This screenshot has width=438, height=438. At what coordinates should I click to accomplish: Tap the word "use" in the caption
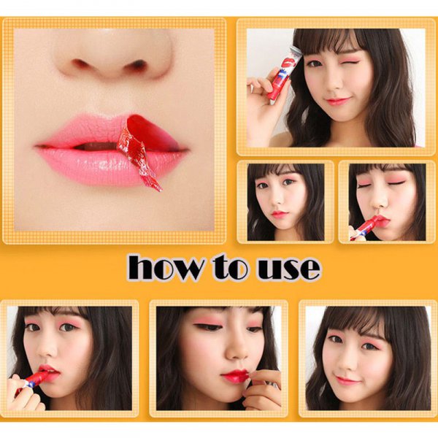click(x=288, y=268)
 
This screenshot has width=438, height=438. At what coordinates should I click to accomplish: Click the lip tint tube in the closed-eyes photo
click(x=366, y=226)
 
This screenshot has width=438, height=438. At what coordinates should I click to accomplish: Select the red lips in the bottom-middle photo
click(x=236, y=376)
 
